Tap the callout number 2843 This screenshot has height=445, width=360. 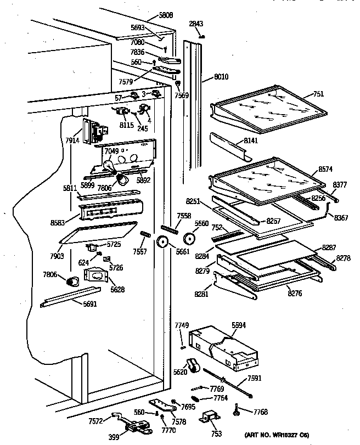(x=196, y=24)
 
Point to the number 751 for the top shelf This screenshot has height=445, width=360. (x=319, y=94)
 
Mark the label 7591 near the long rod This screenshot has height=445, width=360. (x=255, y=378)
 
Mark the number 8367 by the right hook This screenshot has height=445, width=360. (x=341, y=217)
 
